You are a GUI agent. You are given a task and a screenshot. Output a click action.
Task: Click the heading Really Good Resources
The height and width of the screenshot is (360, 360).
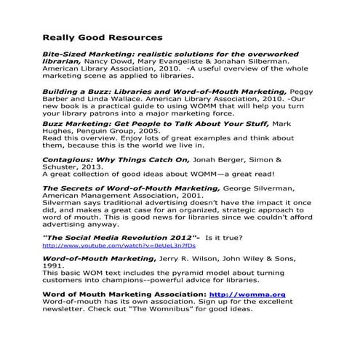point(102,36)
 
